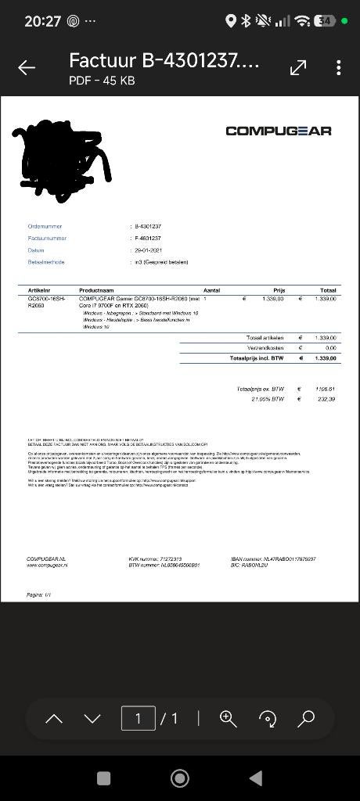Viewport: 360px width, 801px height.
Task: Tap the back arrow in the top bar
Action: coord(27,68)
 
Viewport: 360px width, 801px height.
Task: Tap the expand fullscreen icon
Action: coord(298,68)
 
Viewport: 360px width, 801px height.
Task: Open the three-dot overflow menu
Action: coord(338,68)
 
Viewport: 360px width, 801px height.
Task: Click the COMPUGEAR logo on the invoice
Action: coord(278,131)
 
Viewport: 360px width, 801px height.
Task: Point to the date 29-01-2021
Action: coord(148,250)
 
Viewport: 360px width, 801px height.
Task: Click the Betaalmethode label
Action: coord(46,262)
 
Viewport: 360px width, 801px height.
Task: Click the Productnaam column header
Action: coord(96,290)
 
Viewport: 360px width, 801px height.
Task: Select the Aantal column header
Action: coord(211,290)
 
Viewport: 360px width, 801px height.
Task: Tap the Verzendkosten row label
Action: coord(265,347)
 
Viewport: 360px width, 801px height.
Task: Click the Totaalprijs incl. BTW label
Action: coord(257,358)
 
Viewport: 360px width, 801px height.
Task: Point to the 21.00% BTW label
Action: coord(267,399)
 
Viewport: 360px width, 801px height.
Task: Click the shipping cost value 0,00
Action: coord(330,347)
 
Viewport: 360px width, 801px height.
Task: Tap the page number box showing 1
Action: coord(138,718)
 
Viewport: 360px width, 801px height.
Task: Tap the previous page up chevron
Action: coord(54,718)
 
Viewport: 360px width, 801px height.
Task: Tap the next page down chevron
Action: coord(92,718)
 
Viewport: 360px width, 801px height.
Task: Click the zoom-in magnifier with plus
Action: coord(228,718)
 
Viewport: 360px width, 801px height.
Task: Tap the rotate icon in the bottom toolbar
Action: coord(268,718)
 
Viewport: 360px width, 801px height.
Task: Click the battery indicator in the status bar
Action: coord(325,21)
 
